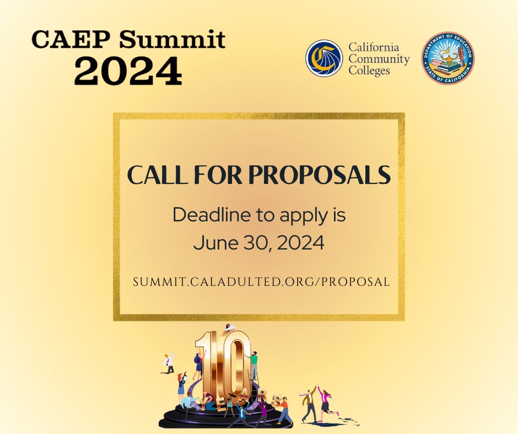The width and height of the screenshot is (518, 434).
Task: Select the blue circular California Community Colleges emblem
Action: pyautogui.click(x=325, y=58)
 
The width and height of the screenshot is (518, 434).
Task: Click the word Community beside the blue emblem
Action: pyautogui.click(x=379, y=59)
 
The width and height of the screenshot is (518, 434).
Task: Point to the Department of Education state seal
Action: pyautogui.click(x=448, y=58)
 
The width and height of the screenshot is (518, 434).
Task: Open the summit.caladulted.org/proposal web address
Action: pyautogui.click(x=261, y=281)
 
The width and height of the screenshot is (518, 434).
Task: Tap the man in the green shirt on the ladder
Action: pyautogui.click(x=253, y=364)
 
